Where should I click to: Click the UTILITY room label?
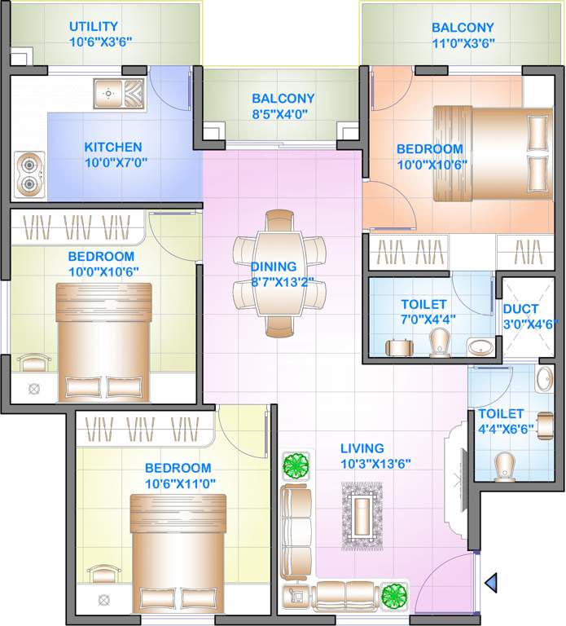pos(94,26)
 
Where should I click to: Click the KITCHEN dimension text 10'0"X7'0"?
pos(112,162)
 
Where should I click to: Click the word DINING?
pos(274,267)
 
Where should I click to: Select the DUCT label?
pos(519,309)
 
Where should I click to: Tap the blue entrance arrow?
pos(491,582)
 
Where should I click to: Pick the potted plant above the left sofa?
pos(294,466)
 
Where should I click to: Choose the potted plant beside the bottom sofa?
pos(394,595)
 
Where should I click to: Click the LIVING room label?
pos(362,448)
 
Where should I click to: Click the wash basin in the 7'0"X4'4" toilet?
pos(480,346)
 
